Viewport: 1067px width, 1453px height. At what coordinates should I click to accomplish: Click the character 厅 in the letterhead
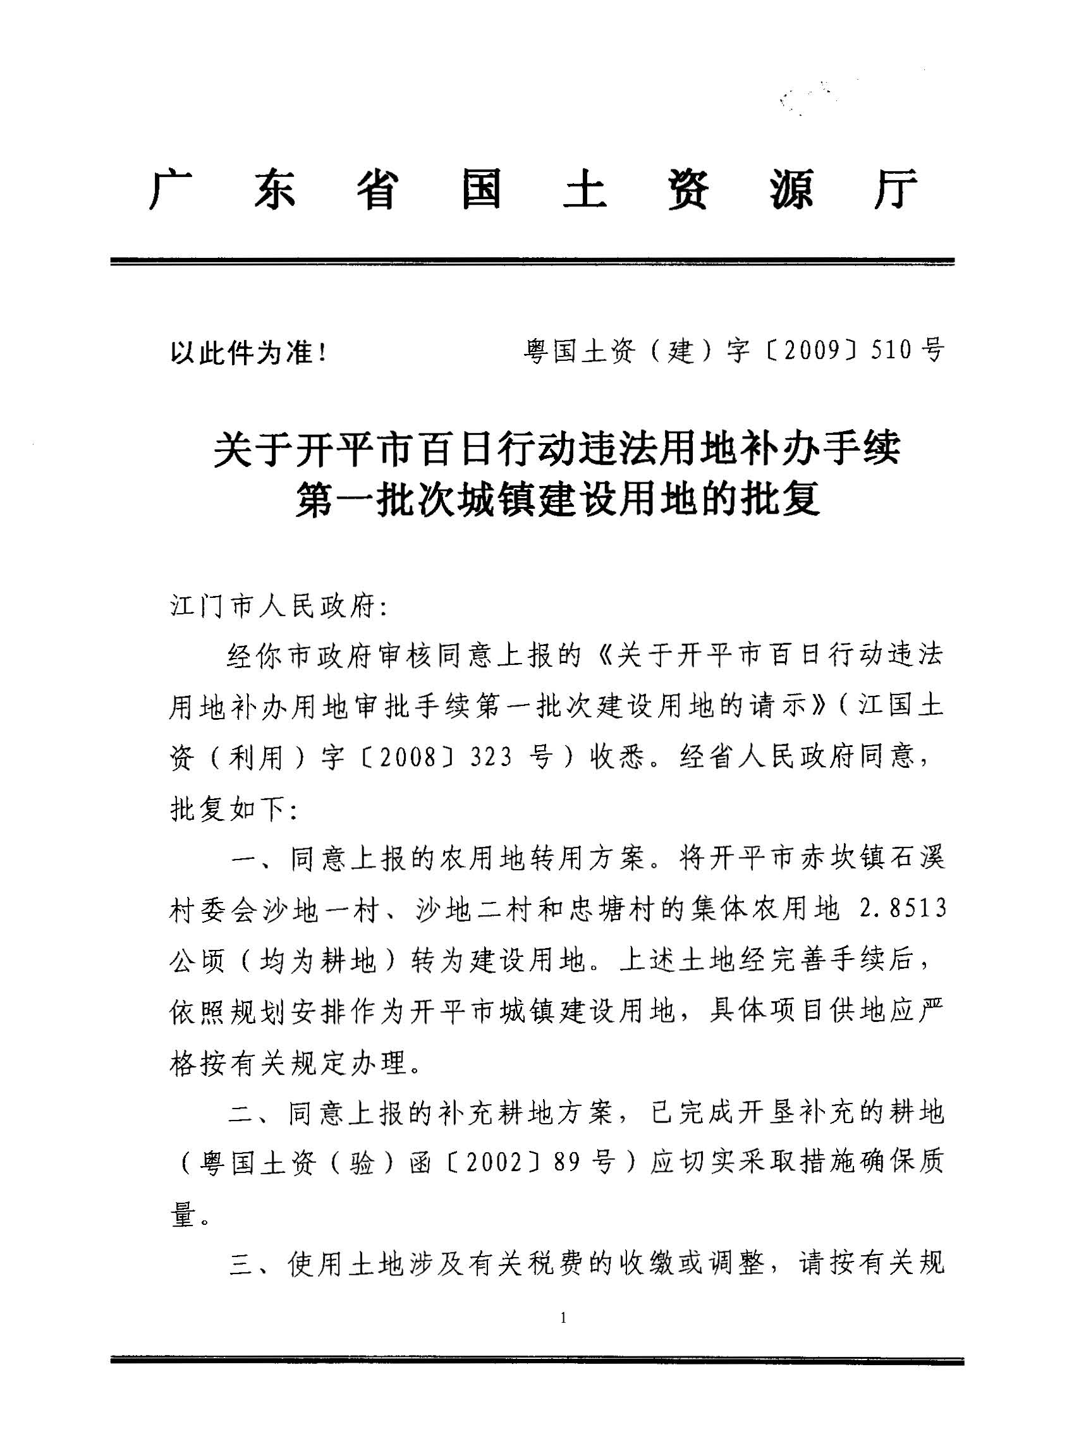click(896, 189)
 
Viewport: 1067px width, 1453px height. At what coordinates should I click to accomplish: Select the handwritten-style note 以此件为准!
click(248, 353)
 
